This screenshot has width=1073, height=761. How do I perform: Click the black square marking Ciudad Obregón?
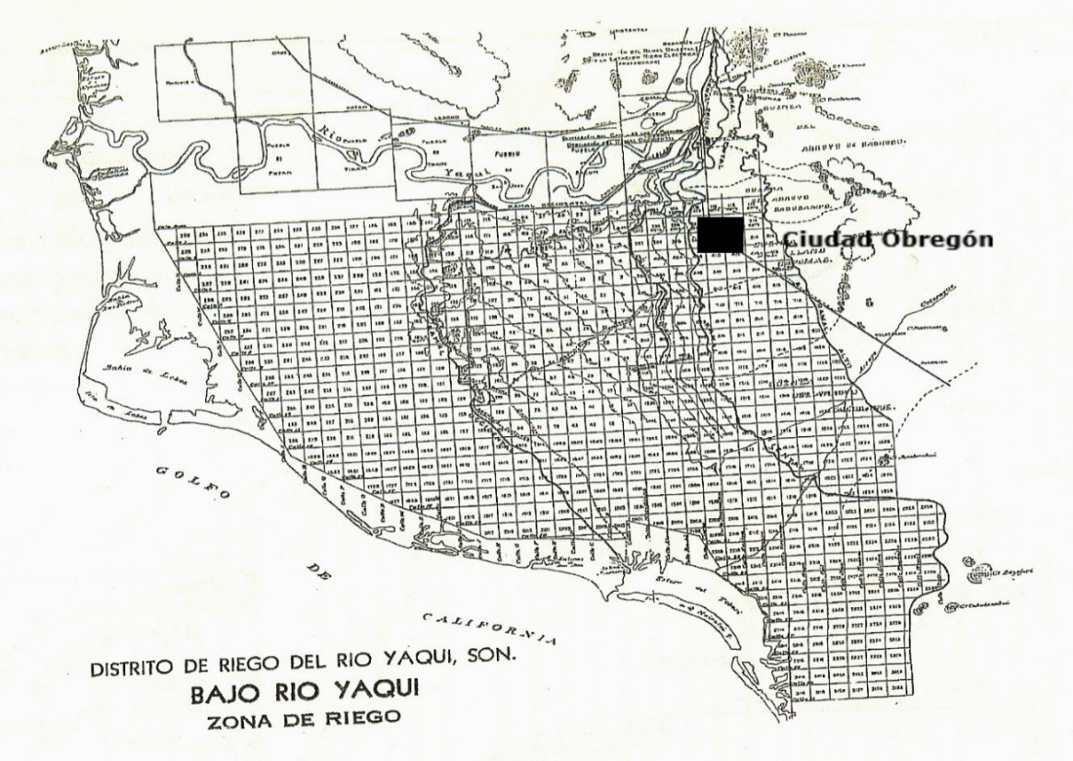721,235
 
